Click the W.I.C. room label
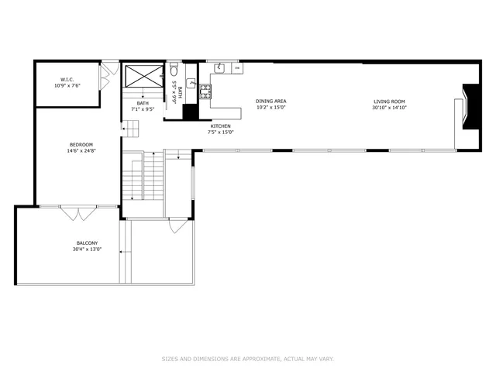click(66, 79)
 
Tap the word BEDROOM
click(81, 145)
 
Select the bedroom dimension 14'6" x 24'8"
click(81, 151)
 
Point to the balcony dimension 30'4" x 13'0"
click(87, 250)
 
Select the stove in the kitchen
click(206, 91)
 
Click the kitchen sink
click(220, 68)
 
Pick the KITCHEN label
click(221, 126)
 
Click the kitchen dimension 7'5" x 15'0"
click(221, 132)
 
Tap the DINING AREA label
click(271, 102)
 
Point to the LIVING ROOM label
click(389, 102)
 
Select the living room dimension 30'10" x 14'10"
click(389, 108)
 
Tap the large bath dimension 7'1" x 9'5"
click(143, 109)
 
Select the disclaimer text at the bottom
click(247, 359)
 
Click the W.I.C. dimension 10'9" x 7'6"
click(66, 85)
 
